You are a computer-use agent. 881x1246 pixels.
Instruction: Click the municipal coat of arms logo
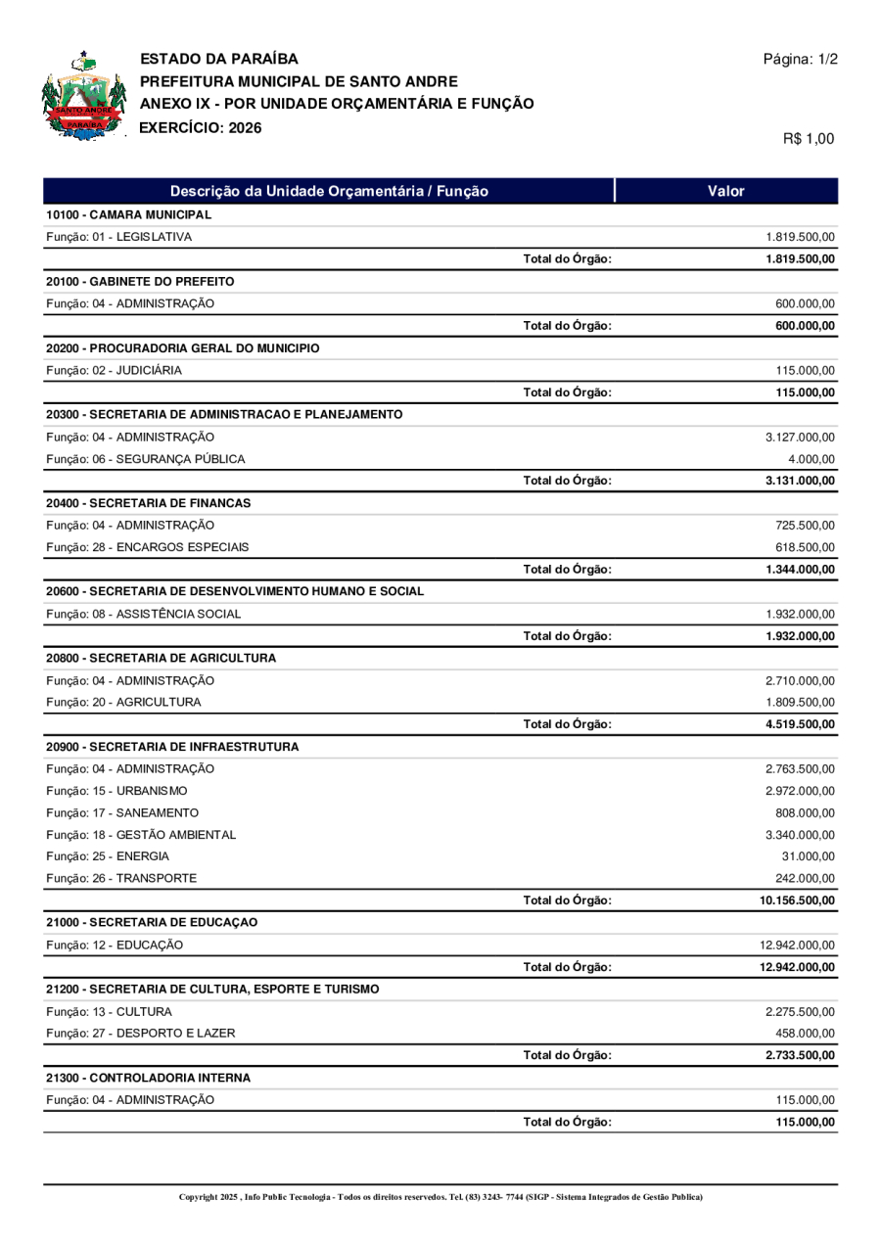[84, 96]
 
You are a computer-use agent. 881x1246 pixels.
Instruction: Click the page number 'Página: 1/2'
[800, 60]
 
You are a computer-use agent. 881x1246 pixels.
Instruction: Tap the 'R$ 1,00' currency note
[809, 139]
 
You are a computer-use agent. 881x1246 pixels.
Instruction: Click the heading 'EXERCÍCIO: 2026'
[201, 126]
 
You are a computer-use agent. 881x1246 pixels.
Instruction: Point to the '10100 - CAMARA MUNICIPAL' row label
[128, 214]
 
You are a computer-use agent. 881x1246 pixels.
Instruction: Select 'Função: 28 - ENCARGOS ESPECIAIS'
[146, 547]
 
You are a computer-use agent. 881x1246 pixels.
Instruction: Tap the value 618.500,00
[805, 547]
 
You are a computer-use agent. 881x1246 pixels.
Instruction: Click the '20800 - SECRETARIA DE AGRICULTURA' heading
[161, 658]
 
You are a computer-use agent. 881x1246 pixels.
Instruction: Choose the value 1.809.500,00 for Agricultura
[800, 702]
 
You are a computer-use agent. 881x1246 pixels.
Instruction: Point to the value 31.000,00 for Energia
[808, 856]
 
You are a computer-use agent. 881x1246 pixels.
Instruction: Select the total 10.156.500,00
[797, 900]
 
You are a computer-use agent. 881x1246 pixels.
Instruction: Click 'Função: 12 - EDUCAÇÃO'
[114, 945]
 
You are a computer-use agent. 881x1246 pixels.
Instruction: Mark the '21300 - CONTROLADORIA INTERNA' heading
[148, 1078]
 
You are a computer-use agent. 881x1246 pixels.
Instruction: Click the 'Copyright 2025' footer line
[440, 1197]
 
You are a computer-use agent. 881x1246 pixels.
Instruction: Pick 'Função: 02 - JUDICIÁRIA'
[113, 370]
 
